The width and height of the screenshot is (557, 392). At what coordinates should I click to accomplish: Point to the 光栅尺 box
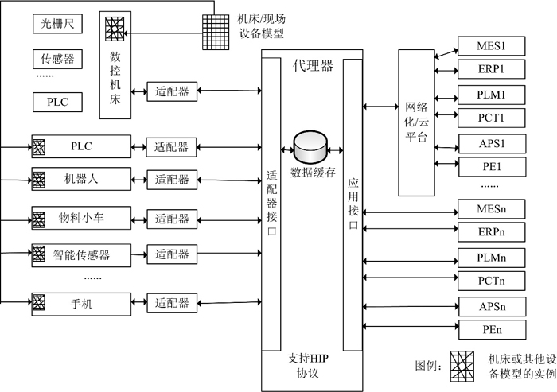[56, 24]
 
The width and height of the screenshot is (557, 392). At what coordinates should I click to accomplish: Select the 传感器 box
[56, 59]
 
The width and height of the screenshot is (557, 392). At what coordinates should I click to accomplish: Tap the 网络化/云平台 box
[416, 122]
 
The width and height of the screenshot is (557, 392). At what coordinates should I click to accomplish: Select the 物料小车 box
[80, 219]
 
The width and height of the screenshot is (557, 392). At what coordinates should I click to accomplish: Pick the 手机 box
[80, 303]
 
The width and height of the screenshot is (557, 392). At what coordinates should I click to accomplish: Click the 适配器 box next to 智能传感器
[172, 255]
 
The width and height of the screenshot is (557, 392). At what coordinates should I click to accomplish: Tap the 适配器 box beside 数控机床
[172, 91]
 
